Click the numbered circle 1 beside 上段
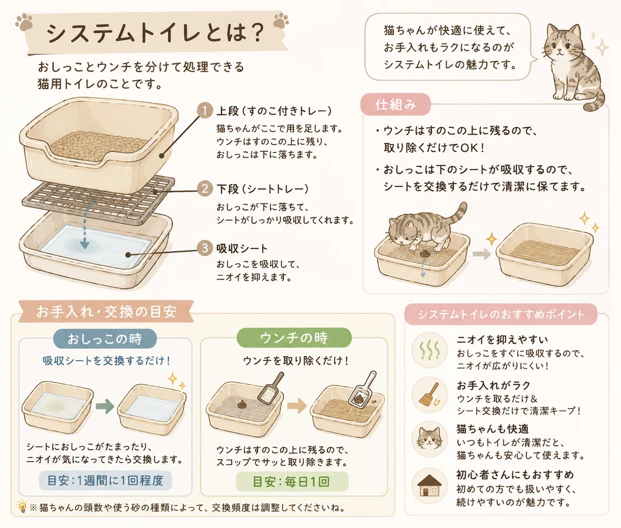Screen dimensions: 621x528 click(x=205, y=111)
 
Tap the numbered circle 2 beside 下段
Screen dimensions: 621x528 click(x=205, y=189)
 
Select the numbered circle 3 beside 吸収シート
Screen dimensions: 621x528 click(x=205, y=248)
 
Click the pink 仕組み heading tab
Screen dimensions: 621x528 click(x=395, y=104)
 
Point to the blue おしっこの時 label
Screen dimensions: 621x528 click(x=105, y=339)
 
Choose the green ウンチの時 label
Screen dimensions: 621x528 click(x=294, y=338)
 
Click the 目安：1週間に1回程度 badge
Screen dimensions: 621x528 click(x=106, y=480)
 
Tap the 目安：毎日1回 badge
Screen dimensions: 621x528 click(x=292, y=481)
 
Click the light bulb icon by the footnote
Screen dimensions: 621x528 click(x=22, y=507)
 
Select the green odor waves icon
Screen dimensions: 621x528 click(x=430, y=350)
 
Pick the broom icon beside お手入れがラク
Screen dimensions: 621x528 click(x=429, y=394)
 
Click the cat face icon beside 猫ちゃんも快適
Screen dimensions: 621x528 click(x=430, y=439)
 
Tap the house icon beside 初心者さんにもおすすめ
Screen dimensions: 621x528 click(x=430, y=486)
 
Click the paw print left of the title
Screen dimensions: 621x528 click(x=24, y=22)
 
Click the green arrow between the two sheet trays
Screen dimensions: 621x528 click(x=105, y=406)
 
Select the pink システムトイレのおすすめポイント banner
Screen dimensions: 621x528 click(x=501, y=314)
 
